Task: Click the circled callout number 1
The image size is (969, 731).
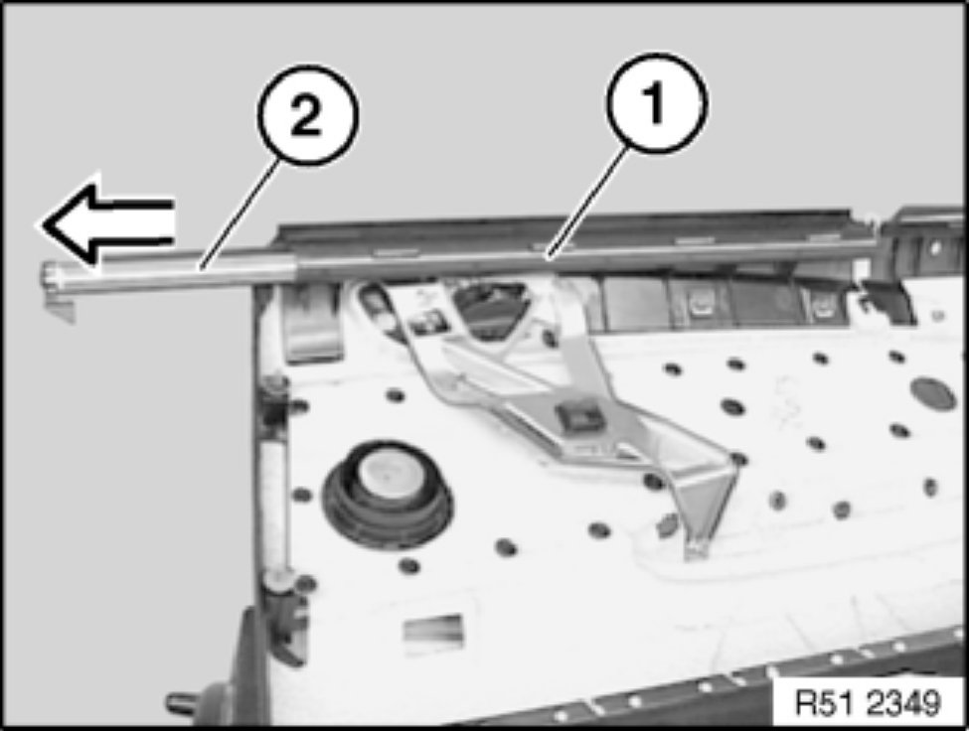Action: click(656, 102)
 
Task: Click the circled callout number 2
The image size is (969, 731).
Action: click(307, 115)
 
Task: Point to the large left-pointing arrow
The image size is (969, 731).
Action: click(106, 223)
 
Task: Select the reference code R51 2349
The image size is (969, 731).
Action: click(868, 702)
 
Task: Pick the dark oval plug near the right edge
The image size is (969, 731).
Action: click(934, 394)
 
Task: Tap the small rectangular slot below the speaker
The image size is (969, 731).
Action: click(433, 629)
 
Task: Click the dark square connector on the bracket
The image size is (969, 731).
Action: click(578, 418)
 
